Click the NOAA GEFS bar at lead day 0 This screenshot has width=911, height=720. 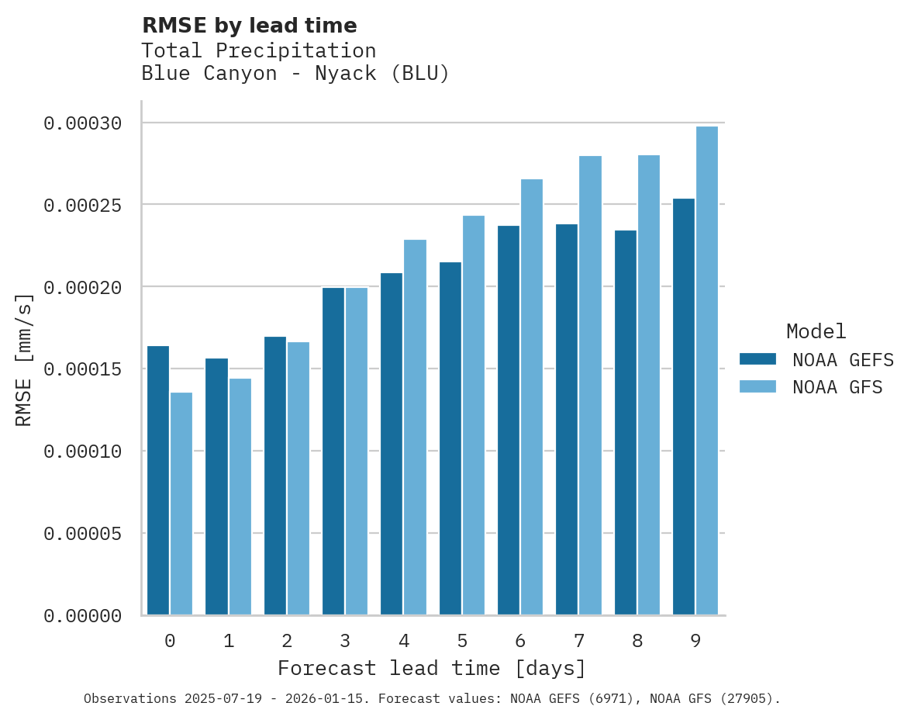tap(158, 480)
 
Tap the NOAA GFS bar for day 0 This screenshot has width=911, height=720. tap(181, 504)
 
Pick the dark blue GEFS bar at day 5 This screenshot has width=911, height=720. tap(450, 438)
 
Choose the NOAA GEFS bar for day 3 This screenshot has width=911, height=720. tap(333, 451)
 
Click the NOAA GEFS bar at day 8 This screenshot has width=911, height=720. tap(626, 423)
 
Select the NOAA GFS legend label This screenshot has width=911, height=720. tap(837, 387)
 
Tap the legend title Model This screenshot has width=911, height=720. tap(816, 331)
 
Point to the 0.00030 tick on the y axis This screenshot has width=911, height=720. tap(83, 123)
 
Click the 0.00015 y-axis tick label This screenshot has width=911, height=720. tap(83, 369)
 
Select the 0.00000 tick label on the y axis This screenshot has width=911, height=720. tap(83, 616)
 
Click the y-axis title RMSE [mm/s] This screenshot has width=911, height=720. tap(24, 359)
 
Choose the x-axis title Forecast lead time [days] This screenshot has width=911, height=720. tap(432, 668)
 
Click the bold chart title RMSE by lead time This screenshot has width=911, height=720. tap(250, 26)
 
